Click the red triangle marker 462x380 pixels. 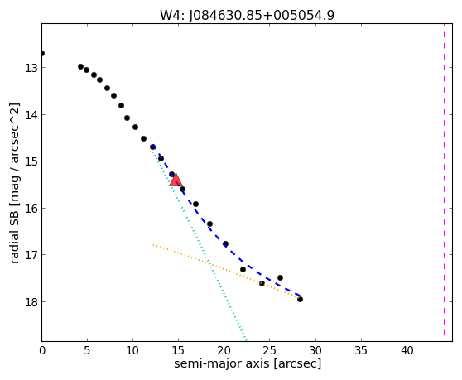[x=176, y=180]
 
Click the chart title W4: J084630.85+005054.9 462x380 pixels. [x=247, y=15]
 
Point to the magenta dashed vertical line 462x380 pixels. [x=444, y=180]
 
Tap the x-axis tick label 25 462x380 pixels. [x=269, y=350]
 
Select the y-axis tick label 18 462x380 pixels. [x=31, y=302]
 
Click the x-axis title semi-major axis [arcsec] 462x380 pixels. [x=248, y=363]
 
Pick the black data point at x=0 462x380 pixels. [x=42, y=53]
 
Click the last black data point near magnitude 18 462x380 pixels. [x=300, y=300]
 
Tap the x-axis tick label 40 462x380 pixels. [x=407, y=350]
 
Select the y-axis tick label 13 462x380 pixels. [x=31, y=68]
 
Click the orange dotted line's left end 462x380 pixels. [x=153, y=244]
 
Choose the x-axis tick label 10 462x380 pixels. [x=132, y=350]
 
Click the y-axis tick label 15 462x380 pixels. [x=31, y=161]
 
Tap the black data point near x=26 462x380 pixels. [x=280, y=278]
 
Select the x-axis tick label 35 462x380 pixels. [x=361, y=350]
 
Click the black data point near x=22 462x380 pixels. [x=243, y=270]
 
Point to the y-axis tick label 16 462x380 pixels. [x=31, y=209]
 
